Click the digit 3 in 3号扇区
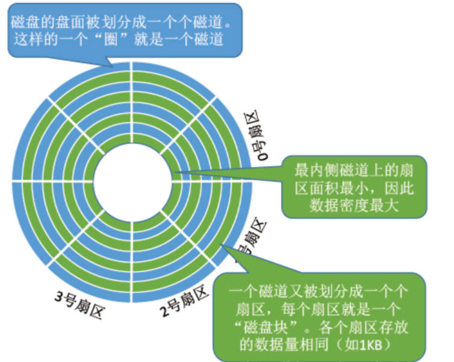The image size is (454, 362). (x=58, y=297)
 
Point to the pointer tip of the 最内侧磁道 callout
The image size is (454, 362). (x=175, y=175)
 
